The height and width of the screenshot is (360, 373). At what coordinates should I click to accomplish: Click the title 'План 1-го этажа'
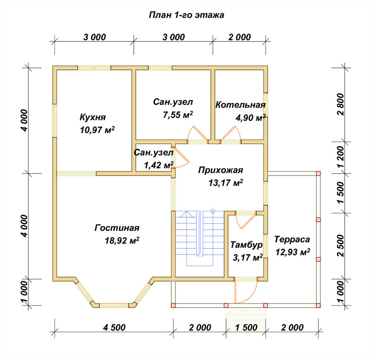pos(186,15)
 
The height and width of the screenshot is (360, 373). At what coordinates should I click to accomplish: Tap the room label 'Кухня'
pos(93,117)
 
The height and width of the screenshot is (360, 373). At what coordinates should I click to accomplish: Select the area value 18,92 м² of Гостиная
pos(122,240)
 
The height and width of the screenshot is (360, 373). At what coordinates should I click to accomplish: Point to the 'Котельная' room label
pos(241,105)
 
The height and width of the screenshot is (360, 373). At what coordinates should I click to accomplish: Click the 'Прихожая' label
pos(220,170)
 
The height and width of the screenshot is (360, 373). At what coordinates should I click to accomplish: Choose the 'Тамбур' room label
pos(247,245)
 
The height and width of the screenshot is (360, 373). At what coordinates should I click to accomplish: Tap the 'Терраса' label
pos(292,239)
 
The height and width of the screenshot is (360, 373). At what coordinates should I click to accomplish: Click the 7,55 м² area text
pos(178,115)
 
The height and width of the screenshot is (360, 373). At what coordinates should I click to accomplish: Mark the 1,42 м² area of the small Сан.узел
pos(159,165)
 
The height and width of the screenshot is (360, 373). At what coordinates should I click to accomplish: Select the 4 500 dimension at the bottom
pos(114,328)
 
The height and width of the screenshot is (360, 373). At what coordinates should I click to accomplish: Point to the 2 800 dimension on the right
pos(341,104)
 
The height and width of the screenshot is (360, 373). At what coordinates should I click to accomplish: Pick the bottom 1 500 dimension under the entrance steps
pos(246,328)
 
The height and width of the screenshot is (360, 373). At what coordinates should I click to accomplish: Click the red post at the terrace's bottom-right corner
pos(318,305)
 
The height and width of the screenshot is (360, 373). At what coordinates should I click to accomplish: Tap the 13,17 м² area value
pos(226,183)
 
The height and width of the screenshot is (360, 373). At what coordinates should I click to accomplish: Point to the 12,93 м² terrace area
pos(292,252)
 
